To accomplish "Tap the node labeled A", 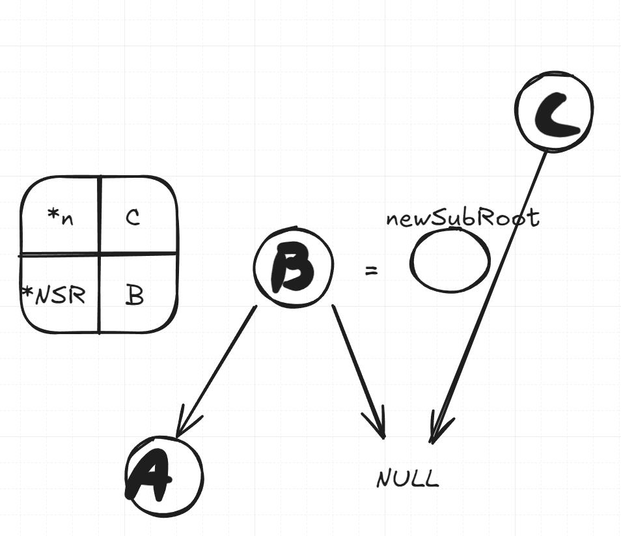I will point(165,476).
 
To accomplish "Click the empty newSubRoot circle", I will point(450,261).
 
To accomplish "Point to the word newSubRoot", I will point(463,217).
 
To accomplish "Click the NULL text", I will point(408,480).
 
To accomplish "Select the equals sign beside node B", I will point(371,271).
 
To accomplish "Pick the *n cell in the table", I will point(61,216).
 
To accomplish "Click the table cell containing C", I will point(133,217).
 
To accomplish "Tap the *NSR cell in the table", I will point(55,296).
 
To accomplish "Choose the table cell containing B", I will point(135,296).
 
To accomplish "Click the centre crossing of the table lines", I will point(100,253).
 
